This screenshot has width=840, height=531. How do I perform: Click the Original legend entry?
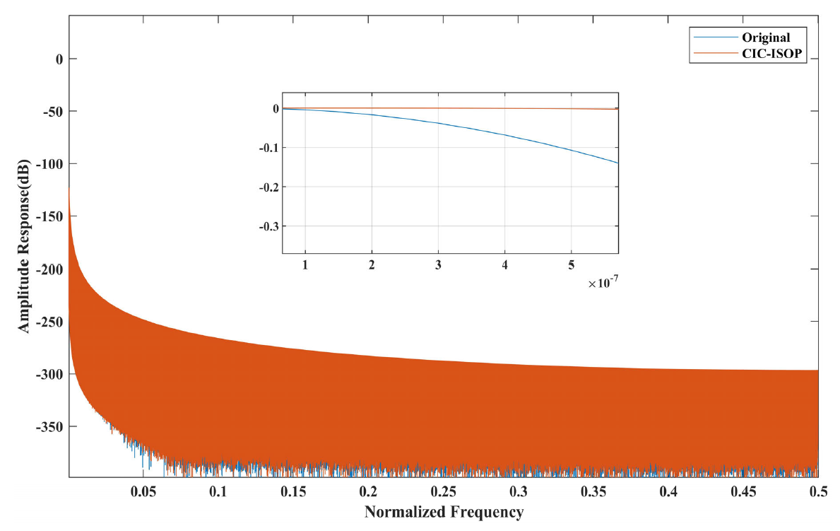[x=766, y=37]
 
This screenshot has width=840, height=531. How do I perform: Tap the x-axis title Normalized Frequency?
[x=444, y=511]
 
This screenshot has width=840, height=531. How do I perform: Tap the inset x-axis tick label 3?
[x=439, y=264]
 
